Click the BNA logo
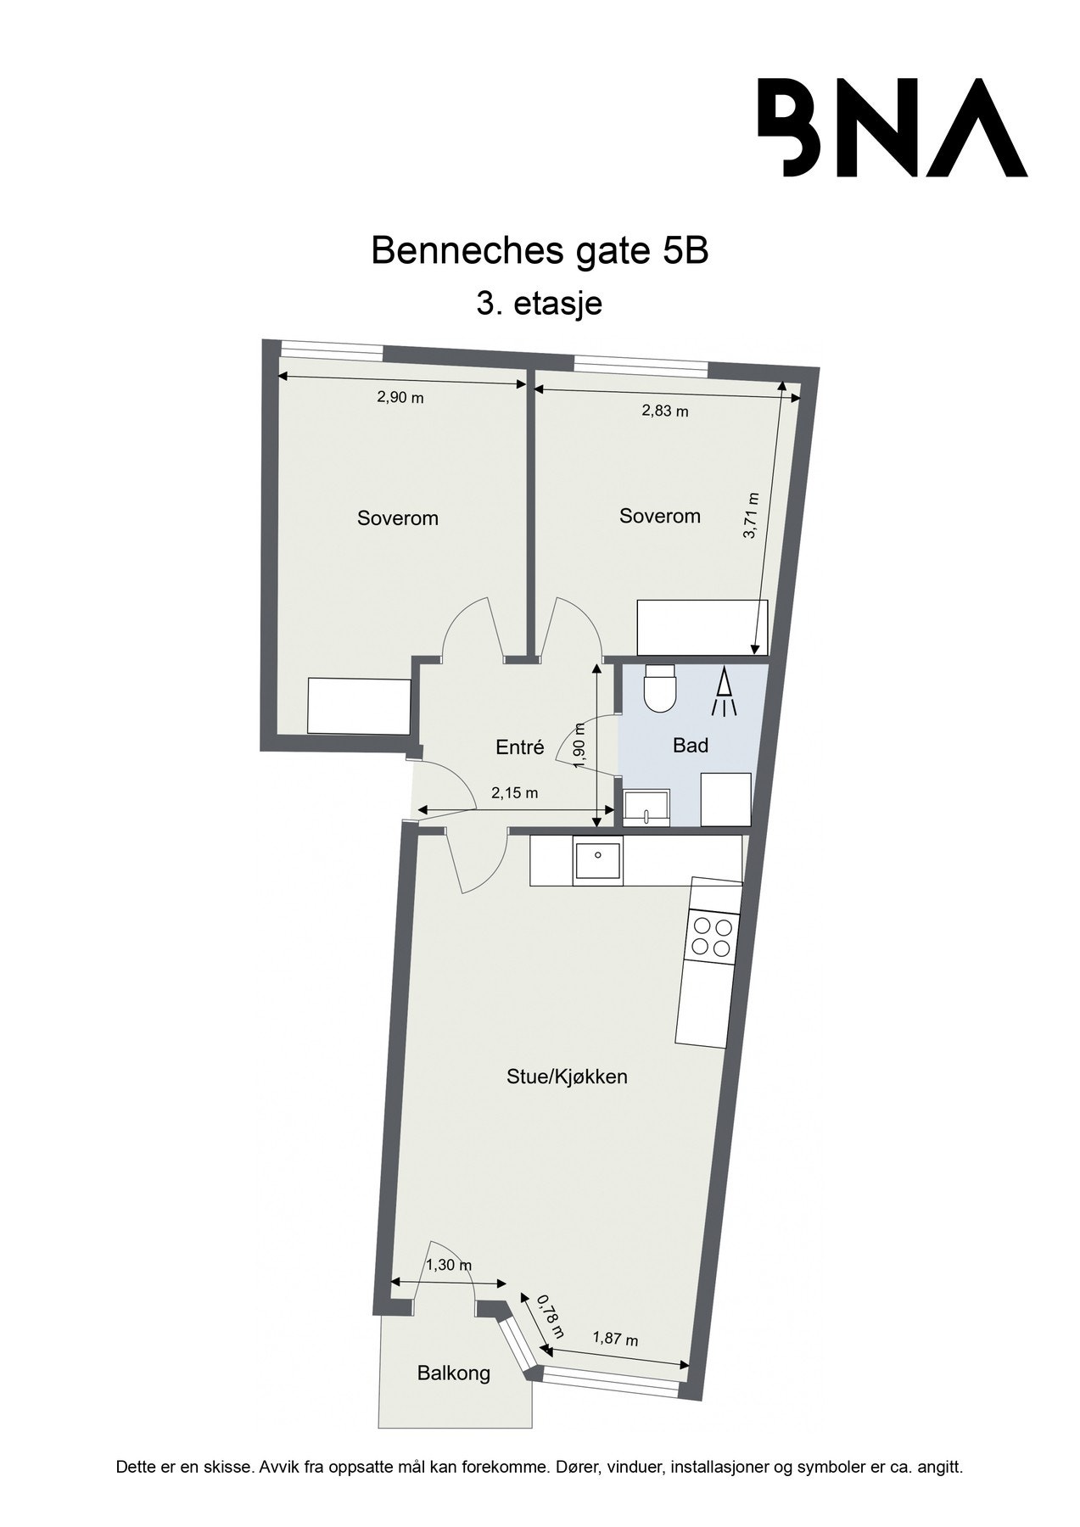(x=892, y=127)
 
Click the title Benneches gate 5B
(x=540, y=252)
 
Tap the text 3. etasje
(x=540, y=302)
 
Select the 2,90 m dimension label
(x=400, y=397)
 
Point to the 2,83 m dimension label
(x=664, y=411)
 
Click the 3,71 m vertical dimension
(x=752, y=516)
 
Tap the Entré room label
(x=519, y=747)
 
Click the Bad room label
(x=690, y=746)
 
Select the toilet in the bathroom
(x=660, y=687)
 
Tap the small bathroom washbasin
(x=646, y=807)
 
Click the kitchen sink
(x=597, y=860)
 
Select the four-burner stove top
(x=712, y=937)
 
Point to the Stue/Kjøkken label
(x=567, y=1077)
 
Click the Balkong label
(x=454, y=1373)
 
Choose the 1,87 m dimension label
(x=615, y=1340)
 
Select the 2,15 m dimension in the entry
(x=515, y=794)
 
